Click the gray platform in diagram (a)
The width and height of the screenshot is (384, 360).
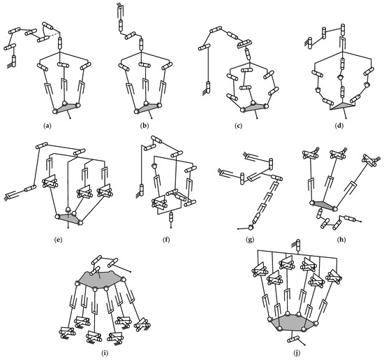pyautogui.click(x=66, y=108)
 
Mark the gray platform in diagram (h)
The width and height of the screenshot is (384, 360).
pyautogui.click(x=323, y=204)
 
